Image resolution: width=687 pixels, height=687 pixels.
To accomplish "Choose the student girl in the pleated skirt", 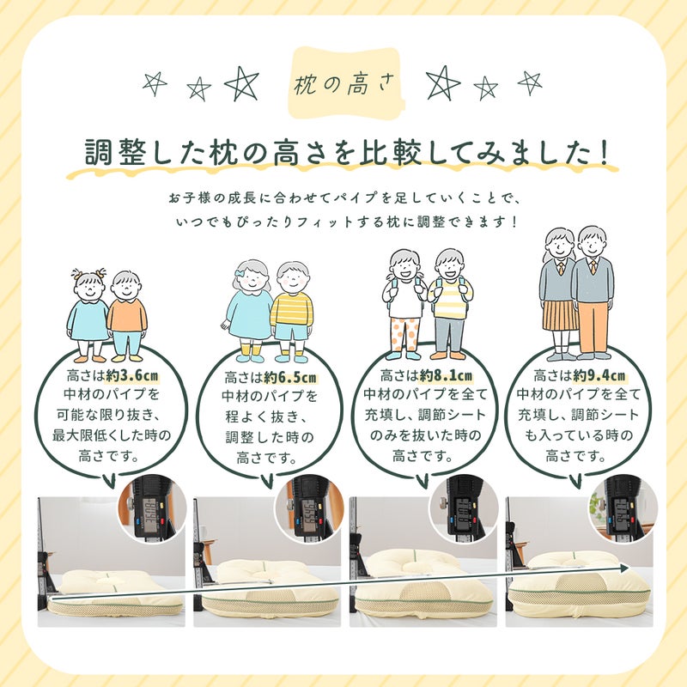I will pyautogui.click(x=558, y=292).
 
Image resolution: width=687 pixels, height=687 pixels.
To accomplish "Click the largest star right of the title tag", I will pyautogui.click(x=443, y=83).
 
